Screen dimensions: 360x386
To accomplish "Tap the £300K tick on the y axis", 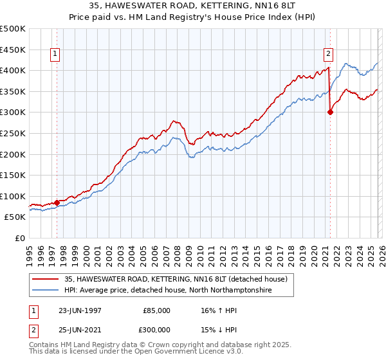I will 13,112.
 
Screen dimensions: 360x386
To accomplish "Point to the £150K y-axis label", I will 13,175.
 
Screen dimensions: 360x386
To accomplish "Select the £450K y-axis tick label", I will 13,49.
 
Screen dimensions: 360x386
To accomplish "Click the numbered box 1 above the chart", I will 57,55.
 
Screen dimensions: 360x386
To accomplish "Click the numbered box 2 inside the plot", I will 329,55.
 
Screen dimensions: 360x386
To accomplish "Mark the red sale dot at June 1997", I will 57,203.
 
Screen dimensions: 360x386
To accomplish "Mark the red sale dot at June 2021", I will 330,112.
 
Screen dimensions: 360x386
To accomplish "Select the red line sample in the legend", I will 46,279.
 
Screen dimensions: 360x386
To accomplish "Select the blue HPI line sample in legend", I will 46,291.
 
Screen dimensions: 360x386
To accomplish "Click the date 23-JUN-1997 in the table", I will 80,310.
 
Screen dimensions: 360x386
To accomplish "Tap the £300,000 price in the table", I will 156,329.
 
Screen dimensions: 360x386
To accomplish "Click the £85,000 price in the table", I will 156,310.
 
